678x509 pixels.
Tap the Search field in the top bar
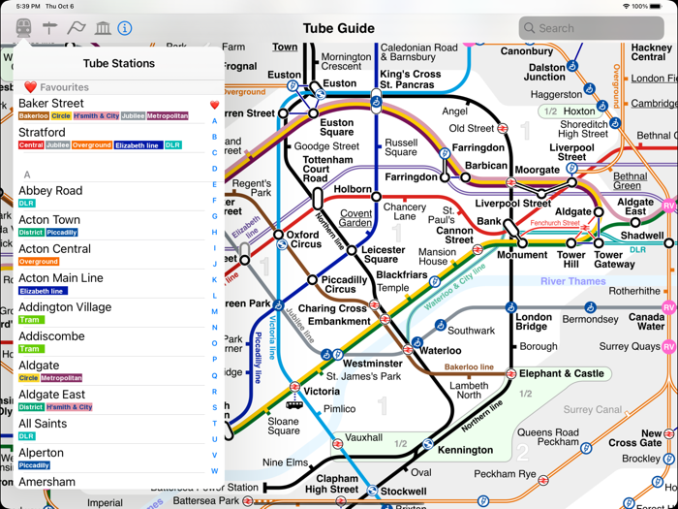(591, 28)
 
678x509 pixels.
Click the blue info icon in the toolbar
(125, 28)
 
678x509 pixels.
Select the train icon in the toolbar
(23, 28)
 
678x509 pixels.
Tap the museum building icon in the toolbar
(102, 28)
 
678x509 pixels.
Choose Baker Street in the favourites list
(51, 103)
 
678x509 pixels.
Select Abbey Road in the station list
(50, 191)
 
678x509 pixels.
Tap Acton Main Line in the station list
(61, 278)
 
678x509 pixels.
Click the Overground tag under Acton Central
(39, 262)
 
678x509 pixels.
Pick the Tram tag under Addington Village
(30, 320)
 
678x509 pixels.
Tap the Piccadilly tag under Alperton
(34, 465)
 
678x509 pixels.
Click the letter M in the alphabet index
(215, 312)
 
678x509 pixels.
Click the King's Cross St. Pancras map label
(411, 80)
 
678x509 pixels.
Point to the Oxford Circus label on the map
(303, 239)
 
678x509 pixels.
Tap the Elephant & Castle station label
(562, 373)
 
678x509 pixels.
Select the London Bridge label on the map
(534, 323)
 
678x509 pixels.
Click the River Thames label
(572, 282)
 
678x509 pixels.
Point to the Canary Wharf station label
(646, 321)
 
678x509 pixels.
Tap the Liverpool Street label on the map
(512, 204)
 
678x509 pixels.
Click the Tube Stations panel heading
(119, 64)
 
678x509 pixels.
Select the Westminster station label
(373, 364)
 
